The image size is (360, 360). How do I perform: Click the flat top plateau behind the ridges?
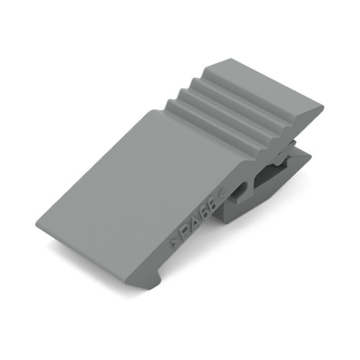(x=266, y=90)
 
